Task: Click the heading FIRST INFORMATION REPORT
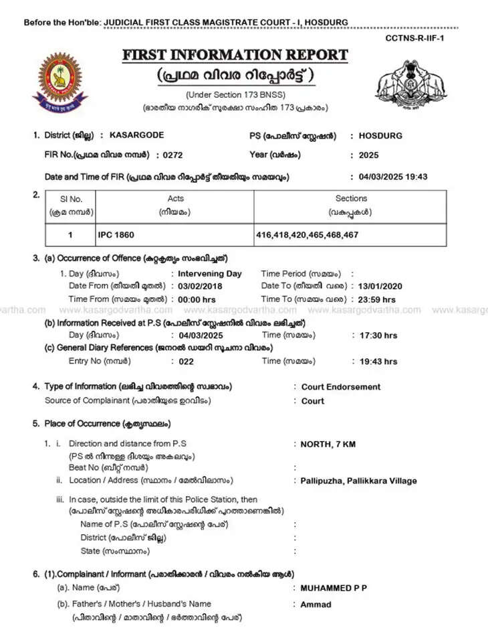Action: coord(235,55)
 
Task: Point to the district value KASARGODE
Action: coord(131,135)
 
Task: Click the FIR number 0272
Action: coord(168,155)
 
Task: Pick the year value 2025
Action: coord(368,155)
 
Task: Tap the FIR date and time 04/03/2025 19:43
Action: coord(392,177)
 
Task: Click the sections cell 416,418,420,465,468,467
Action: coord(307,235)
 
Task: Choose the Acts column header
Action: coord(176,199)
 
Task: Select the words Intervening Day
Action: coord(209,274)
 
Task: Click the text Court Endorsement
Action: coord(340,387)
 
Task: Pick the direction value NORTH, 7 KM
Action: coord(328,444)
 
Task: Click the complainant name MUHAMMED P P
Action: coord(334,588)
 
